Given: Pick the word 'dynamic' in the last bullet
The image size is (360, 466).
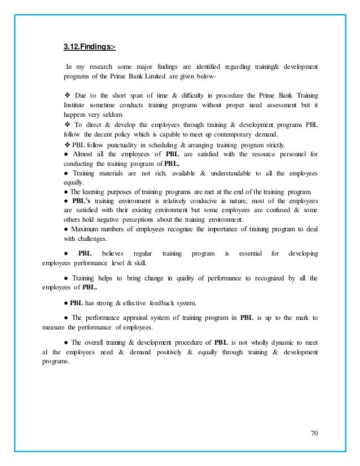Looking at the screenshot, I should coord(265,342).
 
